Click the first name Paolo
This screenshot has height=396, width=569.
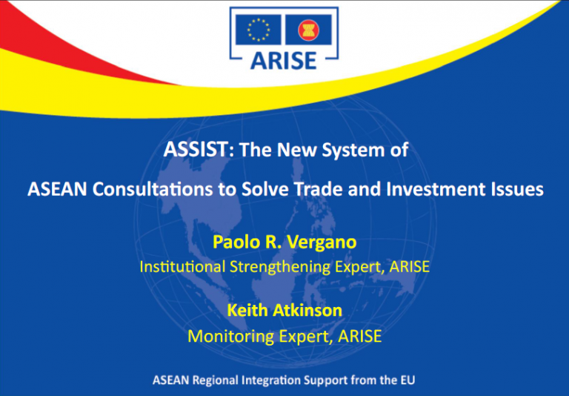pyautogui.click(x=234, y=242)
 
